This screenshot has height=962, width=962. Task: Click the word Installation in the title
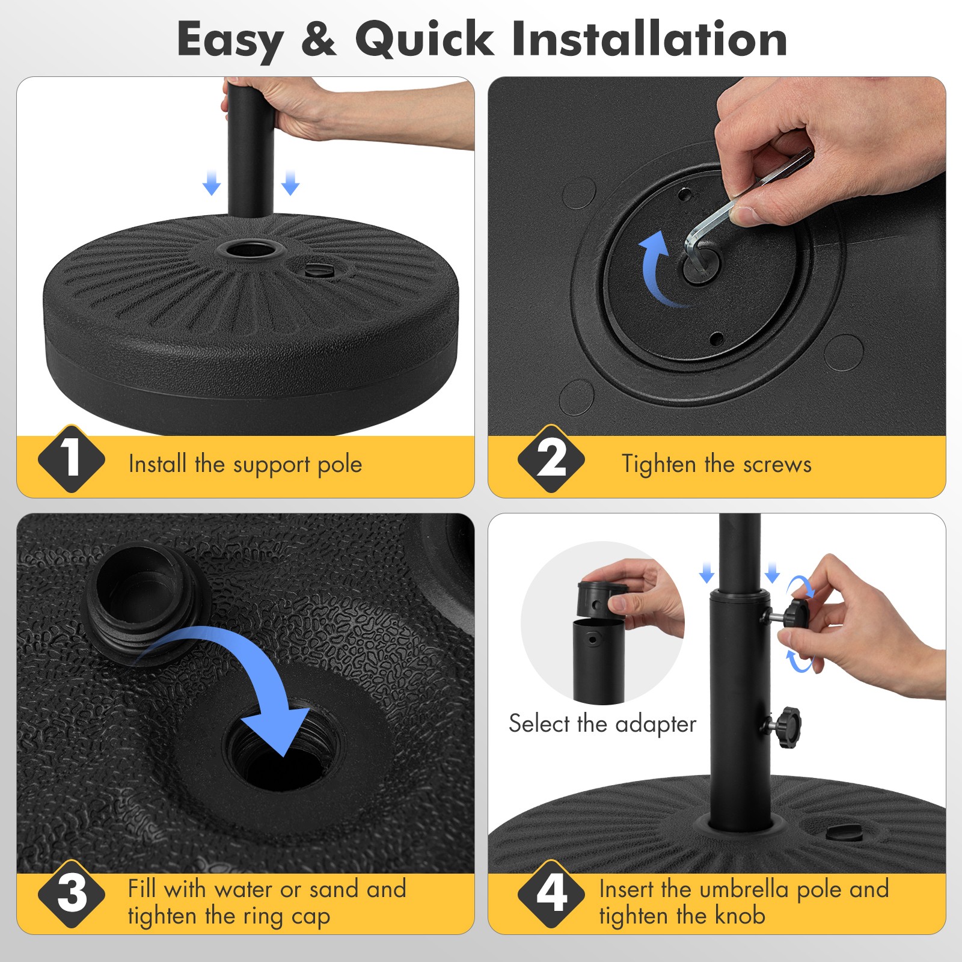[x=649, y=39]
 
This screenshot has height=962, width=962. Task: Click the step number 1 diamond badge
[x=71, y=459]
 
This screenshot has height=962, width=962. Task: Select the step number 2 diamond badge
[x=551, y=459]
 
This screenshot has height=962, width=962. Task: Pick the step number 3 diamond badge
[x=71, y=894]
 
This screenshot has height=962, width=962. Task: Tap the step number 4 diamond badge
[x=551, y=894]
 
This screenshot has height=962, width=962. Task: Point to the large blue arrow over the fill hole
[x=253, y=673]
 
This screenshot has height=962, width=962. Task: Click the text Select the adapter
[x=602, y=724]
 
